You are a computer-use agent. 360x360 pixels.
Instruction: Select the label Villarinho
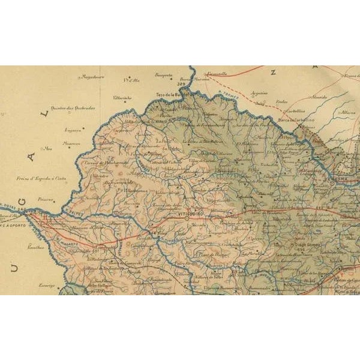(122, 97)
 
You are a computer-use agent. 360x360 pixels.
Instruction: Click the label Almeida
(319, 96)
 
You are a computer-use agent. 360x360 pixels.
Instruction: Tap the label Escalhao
(36, 247)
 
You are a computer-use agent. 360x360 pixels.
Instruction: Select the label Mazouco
(71, 143)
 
